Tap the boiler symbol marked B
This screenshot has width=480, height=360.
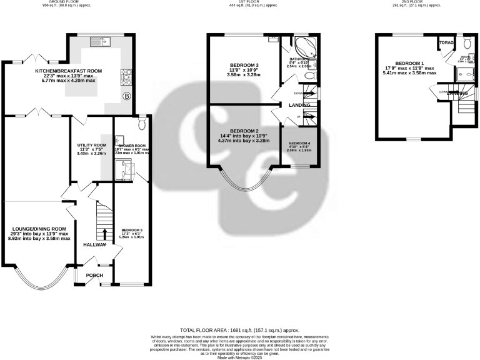(x=126, y=96)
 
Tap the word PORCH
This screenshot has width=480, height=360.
(x=94, y=275)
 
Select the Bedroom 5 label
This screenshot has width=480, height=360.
(x=131, y=234)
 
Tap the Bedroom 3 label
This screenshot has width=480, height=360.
(x=244, y=65)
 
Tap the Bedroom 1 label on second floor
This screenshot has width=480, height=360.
(x=409, y=64)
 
